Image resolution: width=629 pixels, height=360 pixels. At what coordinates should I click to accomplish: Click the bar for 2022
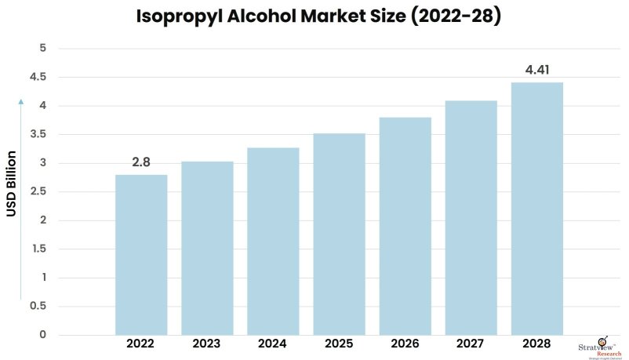pyautogui.click(x=141, y=255)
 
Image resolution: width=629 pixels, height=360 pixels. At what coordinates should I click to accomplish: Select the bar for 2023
pyautogui.click(x=207, y=248)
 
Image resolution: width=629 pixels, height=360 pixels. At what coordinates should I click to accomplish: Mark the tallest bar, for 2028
pyautogui.click(x=537, y=209)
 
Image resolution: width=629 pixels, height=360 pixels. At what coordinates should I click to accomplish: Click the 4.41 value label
pyautogui.click(x=537, y=71)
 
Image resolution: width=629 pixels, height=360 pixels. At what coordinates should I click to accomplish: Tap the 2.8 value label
pyautogui.click(x=141, y=162)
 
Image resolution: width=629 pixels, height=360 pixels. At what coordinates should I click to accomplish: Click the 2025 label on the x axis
pyautogui.click(x=339, y=344)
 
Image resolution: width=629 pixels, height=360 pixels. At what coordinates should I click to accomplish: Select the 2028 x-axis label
pyautogui.click(x=537, y=344)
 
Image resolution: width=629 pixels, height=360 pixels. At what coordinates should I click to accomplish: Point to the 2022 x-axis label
pyautogui.click(x=141, y=344)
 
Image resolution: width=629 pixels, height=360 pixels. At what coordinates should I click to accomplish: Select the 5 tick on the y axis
pyautogui.click(x=42, y=48)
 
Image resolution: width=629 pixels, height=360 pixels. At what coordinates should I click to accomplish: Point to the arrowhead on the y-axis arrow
pyautogui.click(x=22, y=102)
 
